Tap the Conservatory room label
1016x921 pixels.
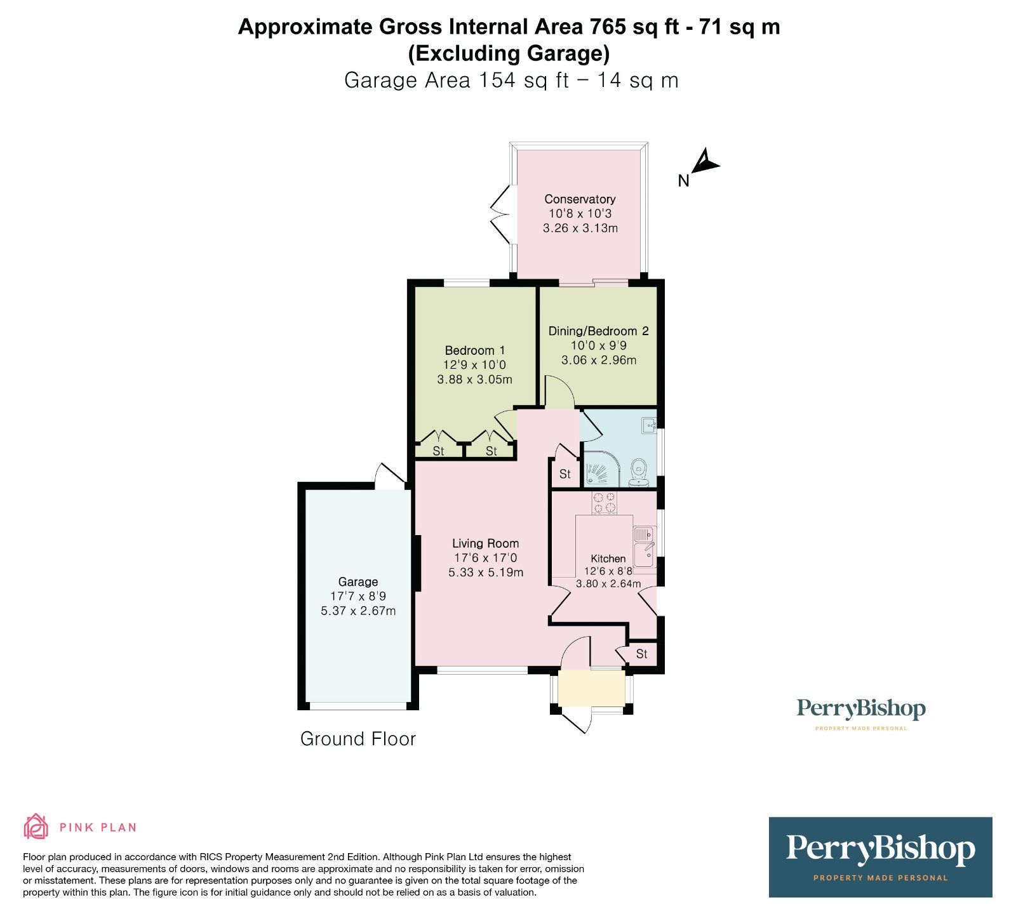tap(580, 199)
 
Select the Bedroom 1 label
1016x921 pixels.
tap(475, 350)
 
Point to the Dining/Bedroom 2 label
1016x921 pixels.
tap(599, 331)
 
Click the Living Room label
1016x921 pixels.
tap(486, 543)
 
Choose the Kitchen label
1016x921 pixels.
tap(608, 559)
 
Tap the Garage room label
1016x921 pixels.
tap(358, 582)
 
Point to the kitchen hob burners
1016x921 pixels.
tap(604, 503)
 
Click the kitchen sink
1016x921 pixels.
tap(643, 546)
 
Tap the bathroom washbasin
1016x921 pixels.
tap(648, 425)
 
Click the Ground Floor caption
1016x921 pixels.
tap(358, 739)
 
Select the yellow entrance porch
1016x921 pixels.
tap(592, 688)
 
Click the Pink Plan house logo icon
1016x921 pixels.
tap(36, 826)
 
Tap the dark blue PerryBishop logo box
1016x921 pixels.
tap(880, 857)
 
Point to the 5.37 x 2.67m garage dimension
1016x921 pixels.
tap(358, 611)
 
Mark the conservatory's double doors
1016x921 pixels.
tap(501, 215)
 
